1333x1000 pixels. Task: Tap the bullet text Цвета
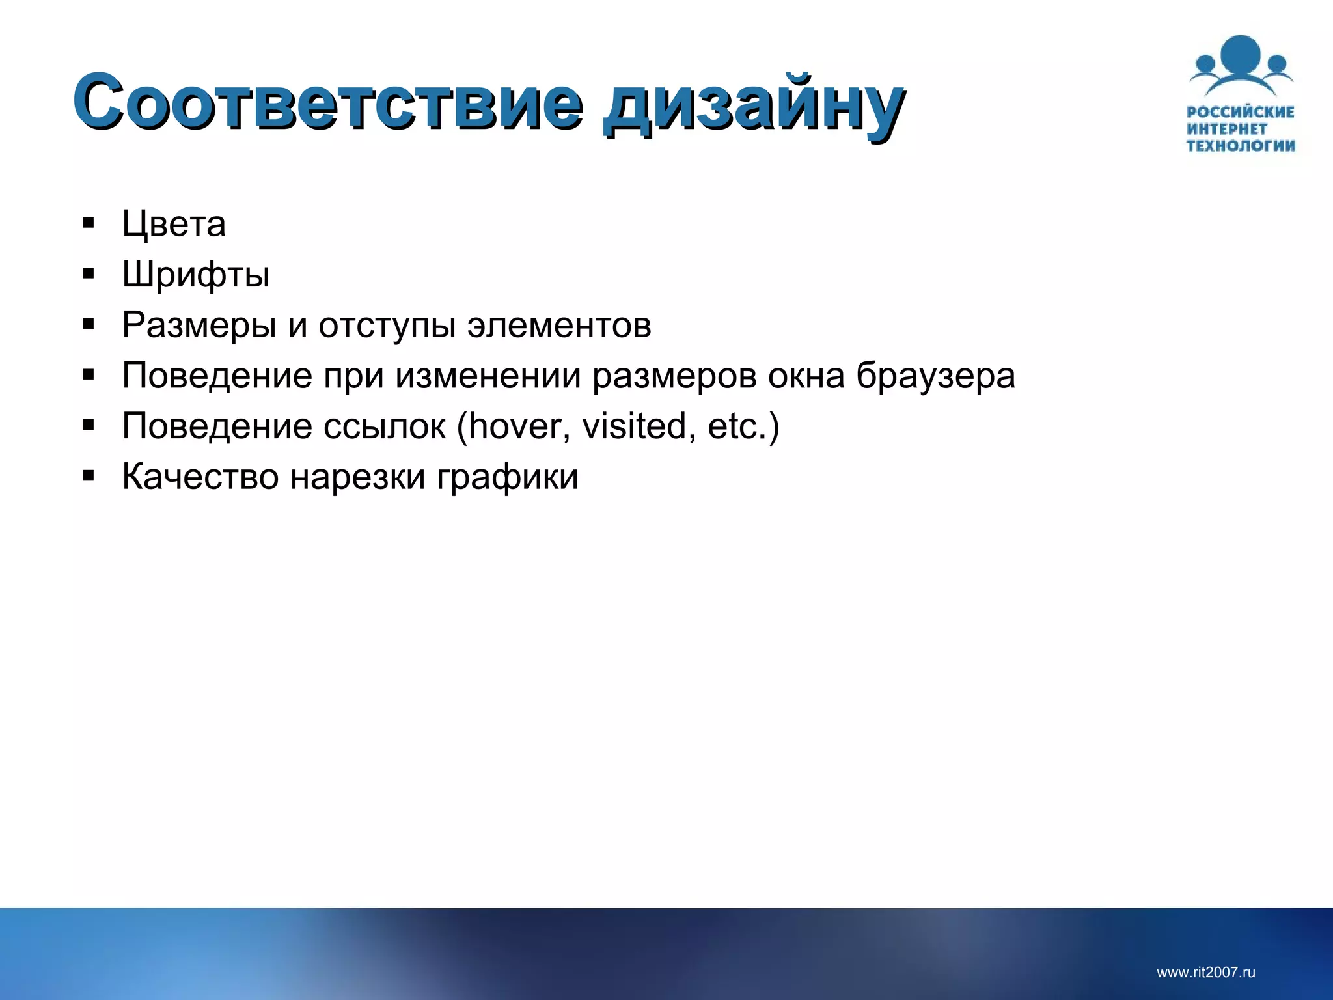click(174, 224)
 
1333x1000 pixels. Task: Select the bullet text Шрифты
click(196, 275)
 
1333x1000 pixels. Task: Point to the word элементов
click(559, 325)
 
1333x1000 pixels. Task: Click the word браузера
click(935, 376)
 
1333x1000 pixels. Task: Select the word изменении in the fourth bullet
click(488, 376)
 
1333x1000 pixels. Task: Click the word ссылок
click(384, 426)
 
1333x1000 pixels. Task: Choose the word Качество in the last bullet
click(200, 477)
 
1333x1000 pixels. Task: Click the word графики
click(507, 477)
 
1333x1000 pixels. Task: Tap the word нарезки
click(357, 477)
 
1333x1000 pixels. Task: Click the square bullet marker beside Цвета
click(89, 223)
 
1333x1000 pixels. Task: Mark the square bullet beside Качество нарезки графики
click(89, 476)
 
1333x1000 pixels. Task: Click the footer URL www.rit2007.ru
click(1205, 973)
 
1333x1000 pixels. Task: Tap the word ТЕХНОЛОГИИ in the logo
click(1241, 146)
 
